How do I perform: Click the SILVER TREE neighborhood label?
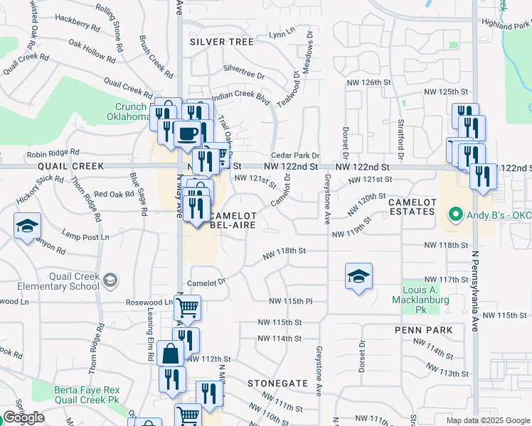pyautogui.click(x=222, y=42)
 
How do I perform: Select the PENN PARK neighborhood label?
pyautogui.click(x=419, y=330)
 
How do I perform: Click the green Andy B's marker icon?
pyautogui.click(x=454, y=213)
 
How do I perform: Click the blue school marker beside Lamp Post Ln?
pyautogui.click(x=27, y=226)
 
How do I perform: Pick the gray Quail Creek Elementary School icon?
pyautogui.click(x=110, y=281)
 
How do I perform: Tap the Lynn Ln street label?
pyautogui.click(x=282, y=33)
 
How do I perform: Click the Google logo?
pyautogui.click(x=23, y=417)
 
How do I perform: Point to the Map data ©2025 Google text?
pyautogui.click(x=487, y=420)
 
